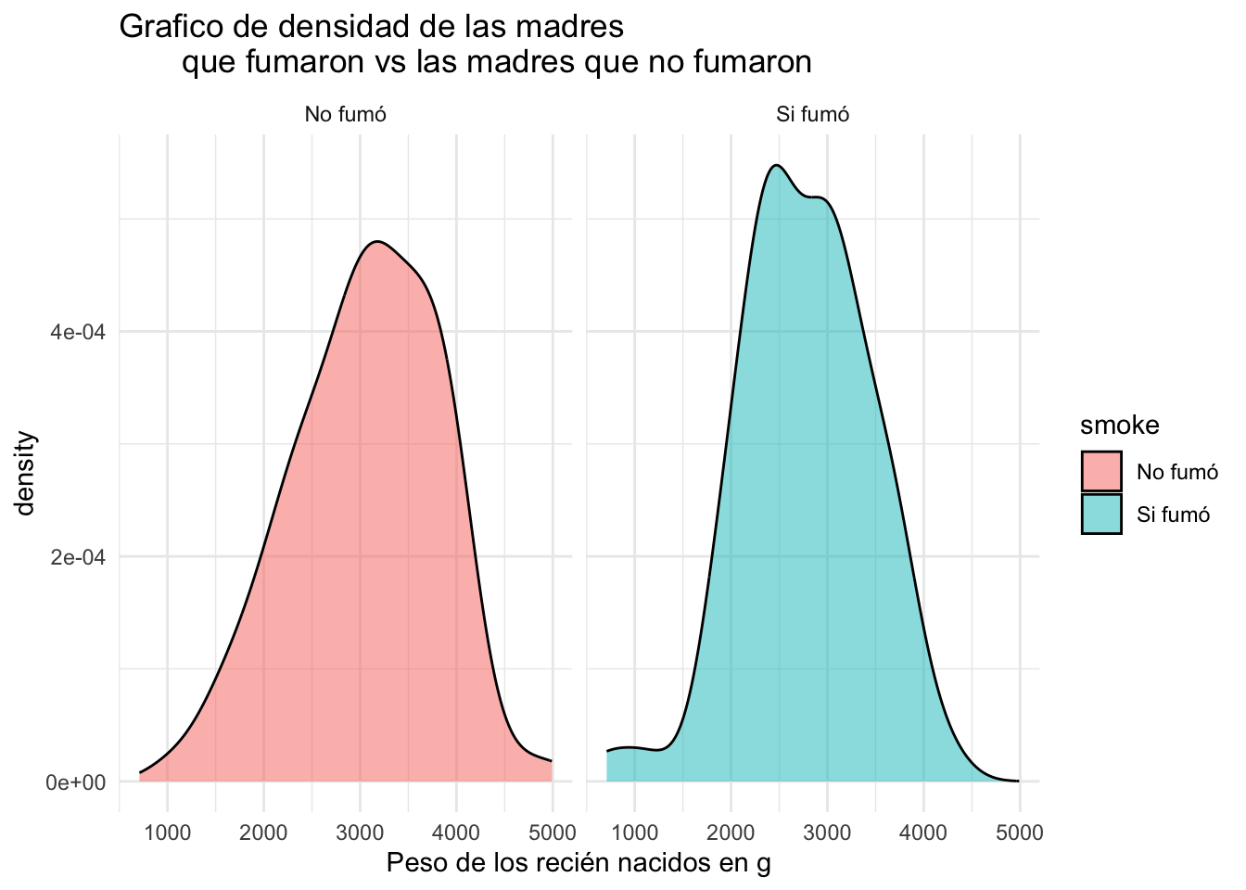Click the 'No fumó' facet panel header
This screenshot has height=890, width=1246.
click(345, 115)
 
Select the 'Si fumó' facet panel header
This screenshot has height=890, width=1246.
click(812, 115)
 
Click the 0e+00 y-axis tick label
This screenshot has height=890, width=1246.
click(77, 782)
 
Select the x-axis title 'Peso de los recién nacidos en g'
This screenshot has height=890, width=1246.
click(578, 863)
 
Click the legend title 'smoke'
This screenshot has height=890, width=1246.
click(1119, 425)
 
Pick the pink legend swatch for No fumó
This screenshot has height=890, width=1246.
click(1101, 471)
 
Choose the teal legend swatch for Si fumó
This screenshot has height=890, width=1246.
click(1101, 514)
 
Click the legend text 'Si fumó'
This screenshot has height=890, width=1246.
click(1173, 515)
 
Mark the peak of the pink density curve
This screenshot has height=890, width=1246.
click(376, 242)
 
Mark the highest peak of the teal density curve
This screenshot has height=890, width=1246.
click(776, 166)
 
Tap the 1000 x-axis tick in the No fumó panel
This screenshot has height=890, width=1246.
click(168, 833)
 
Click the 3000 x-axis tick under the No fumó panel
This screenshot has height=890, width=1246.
click(360, 833)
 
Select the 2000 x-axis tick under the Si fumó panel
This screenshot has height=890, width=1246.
click(731, 833)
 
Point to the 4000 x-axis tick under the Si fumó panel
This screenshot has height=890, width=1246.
click(922, 833)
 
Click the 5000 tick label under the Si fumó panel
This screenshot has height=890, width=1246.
click(1019, 833)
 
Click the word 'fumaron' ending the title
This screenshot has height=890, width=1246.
click(748, 62)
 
